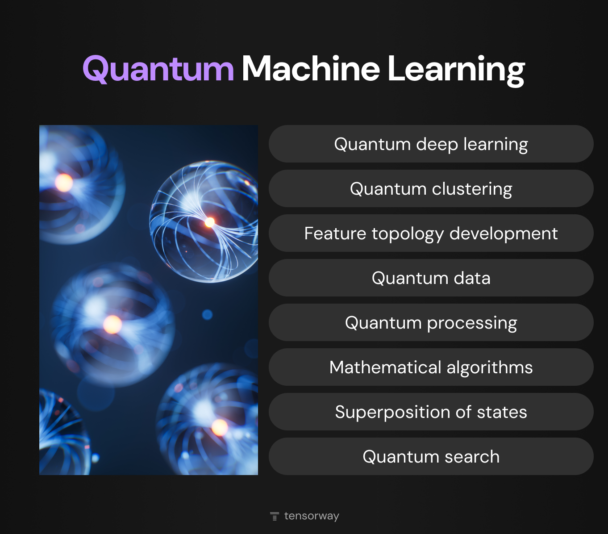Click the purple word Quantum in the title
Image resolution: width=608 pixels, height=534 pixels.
click(x=158, y=69)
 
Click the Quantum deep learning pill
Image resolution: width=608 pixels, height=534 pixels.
click(x=431, y=144)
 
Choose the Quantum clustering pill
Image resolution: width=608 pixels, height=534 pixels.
click(x=431, y=189)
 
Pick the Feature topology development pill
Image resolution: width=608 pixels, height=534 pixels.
click(x=431, y=234)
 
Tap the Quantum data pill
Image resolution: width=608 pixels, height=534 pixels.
click(x=431, y=278)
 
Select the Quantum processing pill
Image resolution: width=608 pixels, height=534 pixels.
click(x=431, y=323)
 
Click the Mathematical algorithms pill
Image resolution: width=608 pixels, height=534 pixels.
click(x=431, y=367)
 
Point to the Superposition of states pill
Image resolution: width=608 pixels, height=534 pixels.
click(x=431, y=412)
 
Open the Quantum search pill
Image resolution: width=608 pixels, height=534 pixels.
click(x=431, y=457)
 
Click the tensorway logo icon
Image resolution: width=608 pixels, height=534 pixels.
click(x=275, y=516)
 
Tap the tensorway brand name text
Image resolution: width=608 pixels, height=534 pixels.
click(x=312, y=516)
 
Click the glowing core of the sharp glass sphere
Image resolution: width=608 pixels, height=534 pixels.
click(x=209, y=221)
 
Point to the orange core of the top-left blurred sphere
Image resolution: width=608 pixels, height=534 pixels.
click(x=64, y=183)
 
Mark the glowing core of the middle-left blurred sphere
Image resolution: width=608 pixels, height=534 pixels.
click(x=112, y=324)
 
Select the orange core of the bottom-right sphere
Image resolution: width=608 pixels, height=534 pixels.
click(x=220, y=427)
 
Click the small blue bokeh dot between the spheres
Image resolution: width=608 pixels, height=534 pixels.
click(x=207, y=315)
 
